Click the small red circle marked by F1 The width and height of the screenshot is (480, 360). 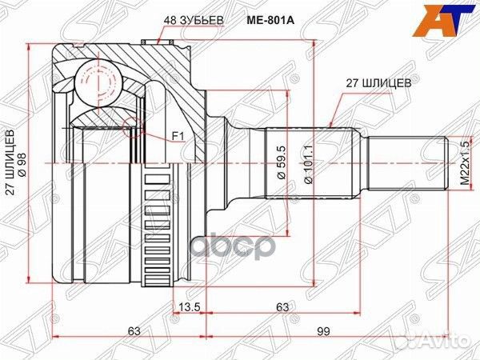[133, 124]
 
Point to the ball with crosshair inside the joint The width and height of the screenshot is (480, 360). [100, 79]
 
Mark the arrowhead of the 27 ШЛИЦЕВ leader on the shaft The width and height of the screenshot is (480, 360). [331, 126]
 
